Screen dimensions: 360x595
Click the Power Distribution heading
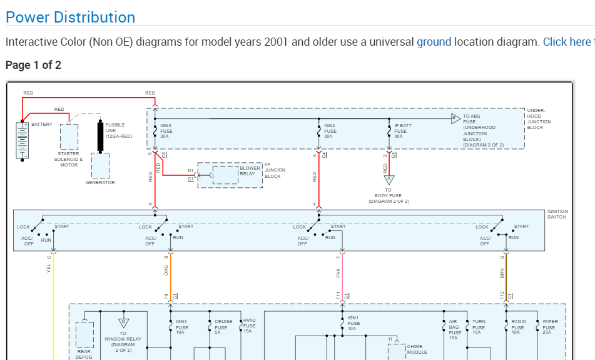pyautogui.click(x=70, y=17)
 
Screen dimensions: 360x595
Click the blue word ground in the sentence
pyautogui.click(x=434, y=42)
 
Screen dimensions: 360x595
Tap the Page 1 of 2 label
pyautogui.click(x=33, y=65)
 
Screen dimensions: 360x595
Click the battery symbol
pyautogui.click(x=23, y=141)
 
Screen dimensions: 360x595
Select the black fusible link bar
pyautogui.click(x=100, y=136)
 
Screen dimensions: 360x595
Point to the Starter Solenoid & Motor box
pyautogui.click(x=69, y=136)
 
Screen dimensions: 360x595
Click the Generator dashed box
pyautogui.click(x=100, y=166)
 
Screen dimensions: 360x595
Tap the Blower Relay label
pyautogui.click(x=250, y=170)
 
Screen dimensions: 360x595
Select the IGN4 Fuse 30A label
pyautogui.click(x=330, y=131)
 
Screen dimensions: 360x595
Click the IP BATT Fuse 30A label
pyautogui.click(x=402, y=131)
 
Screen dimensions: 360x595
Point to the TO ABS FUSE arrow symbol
pyautogui.click(x=455, y=118)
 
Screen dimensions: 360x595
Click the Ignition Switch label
pyautogui.click(x=556, y=214)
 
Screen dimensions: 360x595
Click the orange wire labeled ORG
pyautogui.click(x=170, y=275)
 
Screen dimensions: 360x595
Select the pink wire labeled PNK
pyautogui.click(x=342, y=275)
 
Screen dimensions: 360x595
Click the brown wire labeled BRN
pyautogui.click(x=506, y=275)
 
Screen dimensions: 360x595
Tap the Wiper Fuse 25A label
pyautogui.click(x=549, y=327)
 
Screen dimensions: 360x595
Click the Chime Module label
pyautogui.click(x=417, y=349)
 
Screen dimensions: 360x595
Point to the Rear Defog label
pyautogui.click(x=84, y=354)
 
